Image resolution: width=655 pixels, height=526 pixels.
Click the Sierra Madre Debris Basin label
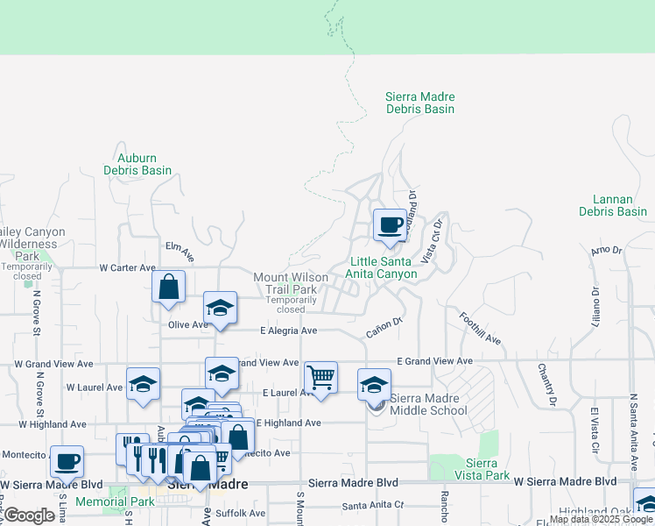[420, 103]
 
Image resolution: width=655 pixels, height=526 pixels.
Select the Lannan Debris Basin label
[613, 205]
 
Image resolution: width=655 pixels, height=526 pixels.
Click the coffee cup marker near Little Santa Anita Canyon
[390, 225]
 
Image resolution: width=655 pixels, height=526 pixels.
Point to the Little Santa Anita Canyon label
[383, 267]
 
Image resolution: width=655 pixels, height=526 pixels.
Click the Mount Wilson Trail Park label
[291, 283]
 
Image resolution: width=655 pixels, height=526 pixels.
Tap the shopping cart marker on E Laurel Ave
[320, 378]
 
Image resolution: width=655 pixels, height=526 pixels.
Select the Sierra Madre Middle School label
[428, 404]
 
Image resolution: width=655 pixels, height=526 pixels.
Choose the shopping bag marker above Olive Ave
[168, 286]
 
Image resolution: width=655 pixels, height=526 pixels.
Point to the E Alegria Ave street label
[288, 331]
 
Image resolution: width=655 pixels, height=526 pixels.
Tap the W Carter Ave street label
[127, 267]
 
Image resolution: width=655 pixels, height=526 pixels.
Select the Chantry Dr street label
[546, 386]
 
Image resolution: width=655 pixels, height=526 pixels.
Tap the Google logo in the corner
[29, 515]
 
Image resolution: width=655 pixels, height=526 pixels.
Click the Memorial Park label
[115, 502]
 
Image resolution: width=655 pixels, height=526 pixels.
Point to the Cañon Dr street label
[384, 327]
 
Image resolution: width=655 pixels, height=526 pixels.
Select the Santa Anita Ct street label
[373, 505]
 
